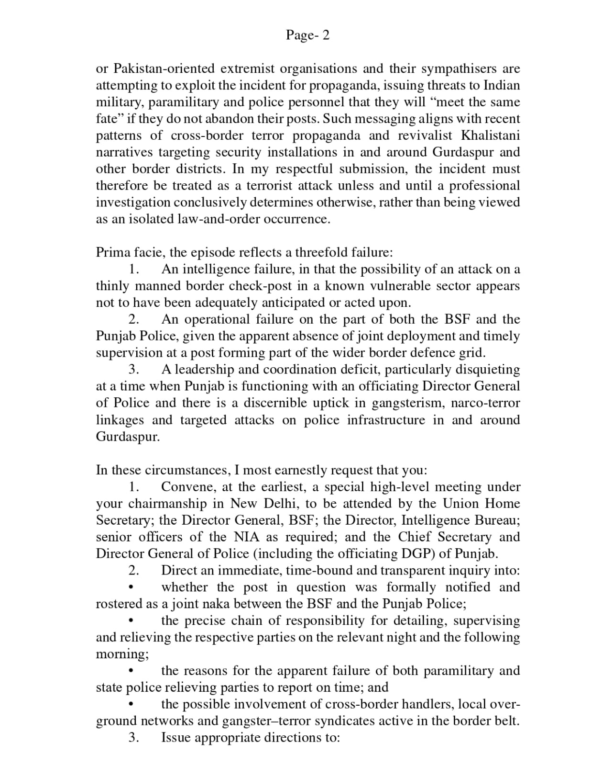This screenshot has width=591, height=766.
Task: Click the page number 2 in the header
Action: pyautogui.click(x=326, y=35)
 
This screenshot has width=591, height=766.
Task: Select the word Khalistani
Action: pyautogui.click(x=490, y=135)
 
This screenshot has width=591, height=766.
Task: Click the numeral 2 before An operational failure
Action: pyautogui.click(x=133, y=319)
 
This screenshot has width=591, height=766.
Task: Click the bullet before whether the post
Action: pyautogui.click(x=131, y=588)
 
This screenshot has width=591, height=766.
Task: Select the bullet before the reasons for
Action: pyautogui.click(x=131, y=672)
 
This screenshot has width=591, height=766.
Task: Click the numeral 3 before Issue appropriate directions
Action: pyautogui.click(x=133, y=738)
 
